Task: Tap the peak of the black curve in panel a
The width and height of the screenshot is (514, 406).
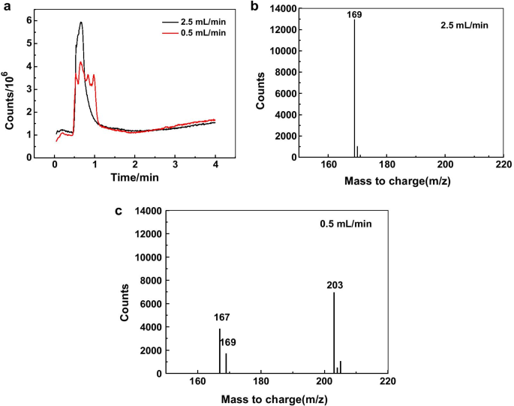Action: coord(80,23)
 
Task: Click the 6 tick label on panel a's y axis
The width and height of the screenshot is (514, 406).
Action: coord(28,20)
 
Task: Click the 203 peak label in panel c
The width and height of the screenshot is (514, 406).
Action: coord(334,285)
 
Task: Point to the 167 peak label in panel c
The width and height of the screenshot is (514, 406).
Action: coord(219,318)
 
